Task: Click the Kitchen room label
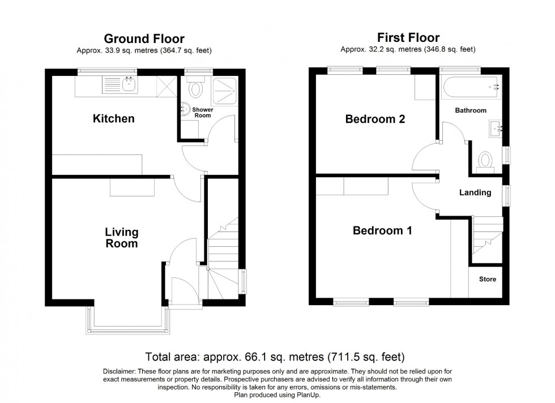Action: tap(114, 119)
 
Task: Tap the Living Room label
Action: tap(122, 238)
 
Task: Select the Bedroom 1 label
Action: tap(382, 231)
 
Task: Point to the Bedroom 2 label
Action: tap(375, 119)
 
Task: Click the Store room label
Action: tap(487, 279)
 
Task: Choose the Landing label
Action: tap(475, 192)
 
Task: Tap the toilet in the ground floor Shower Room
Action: tap(196, 89)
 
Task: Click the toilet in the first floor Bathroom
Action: tap(486, 160)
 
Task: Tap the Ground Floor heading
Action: tap(144, 38)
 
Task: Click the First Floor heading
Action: tap(408, 38)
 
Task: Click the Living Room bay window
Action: tap(127, 320)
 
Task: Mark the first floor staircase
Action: tap(486, 238)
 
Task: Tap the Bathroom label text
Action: tap(471, 110)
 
